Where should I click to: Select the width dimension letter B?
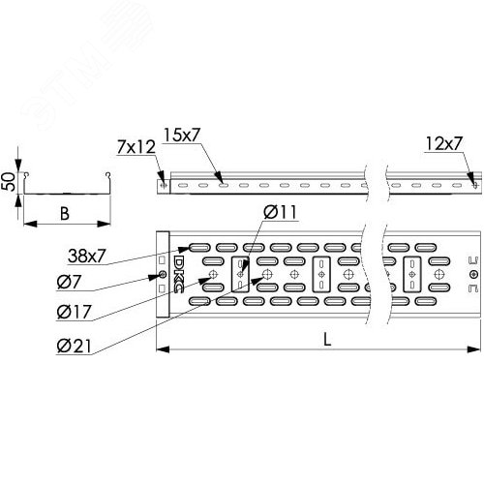(65, 213)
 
